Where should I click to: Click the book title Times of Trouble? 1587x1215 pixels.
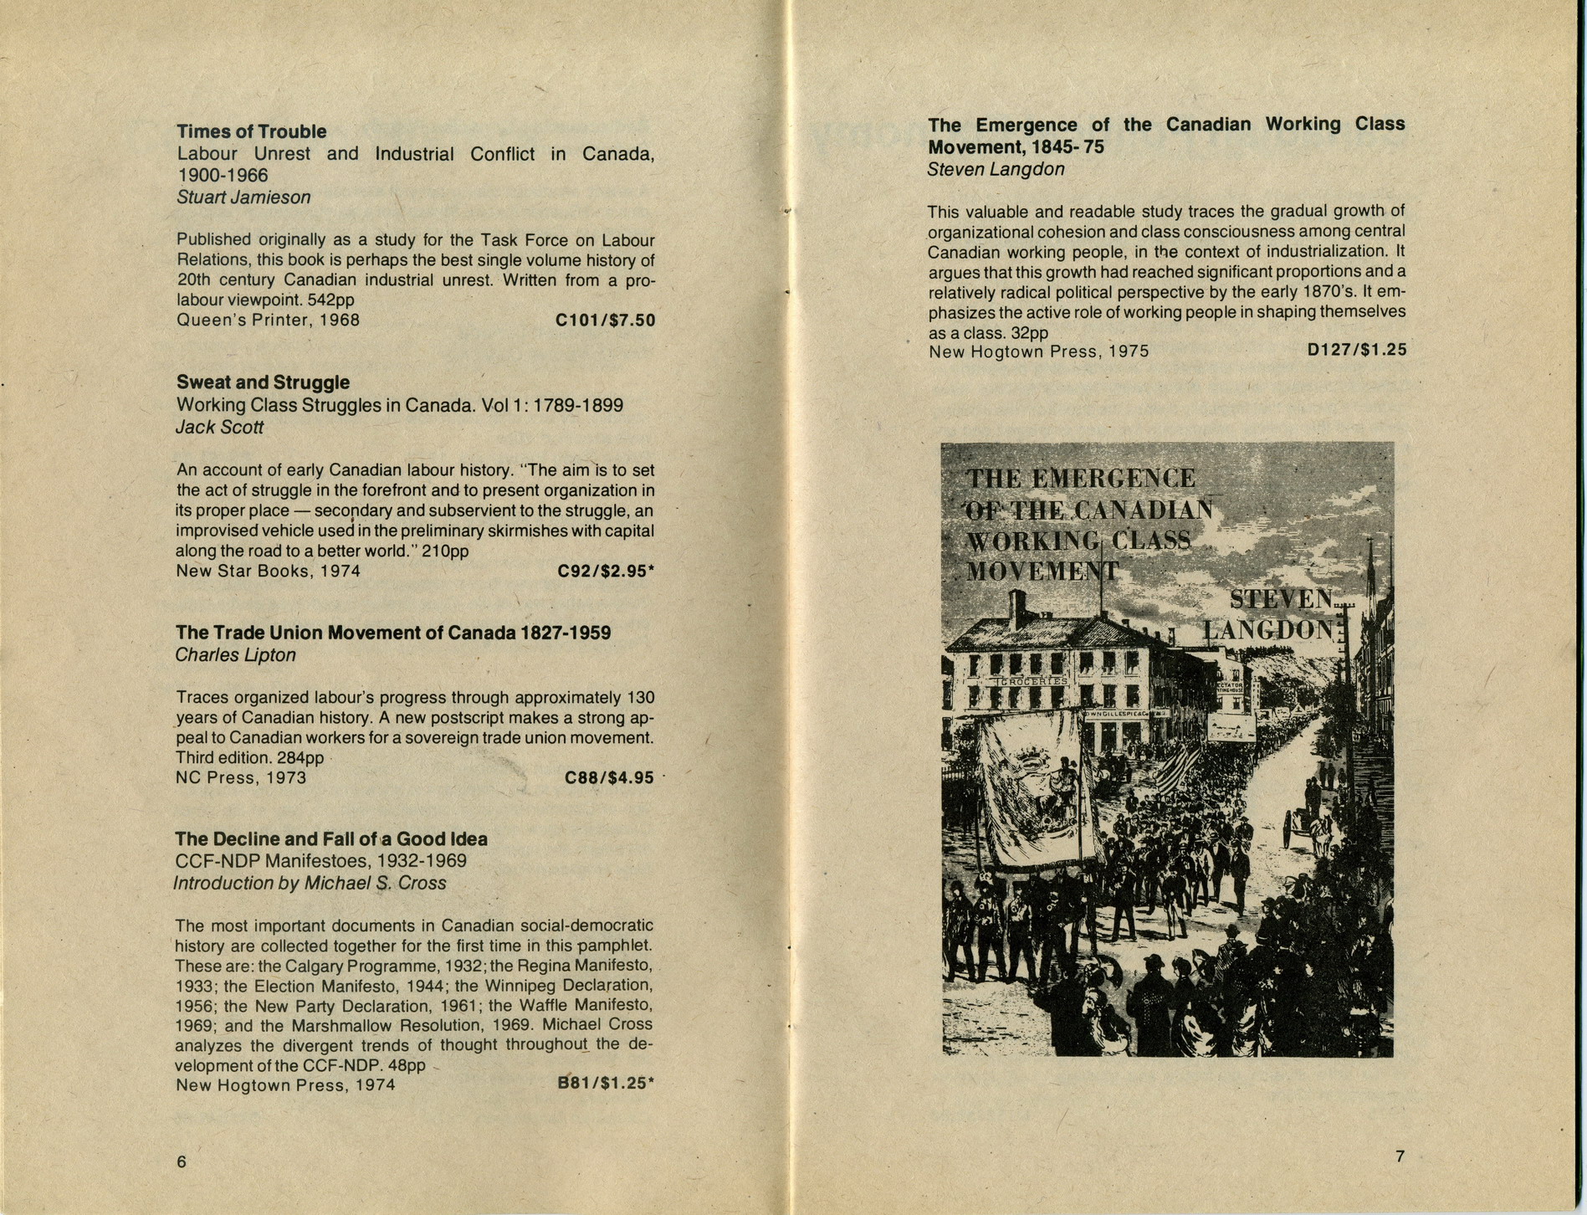(x=251, y=132)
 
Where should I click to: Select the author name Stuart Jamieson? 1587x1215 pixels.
(x=243, y=197)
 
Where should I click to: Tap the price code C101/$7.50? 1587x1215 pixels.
(x=605, y=320)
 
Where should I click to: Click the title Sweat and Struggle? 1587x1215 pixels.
(x=263, y=382)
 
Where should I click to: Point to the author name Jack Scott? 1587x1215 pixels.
(x=219, y=428)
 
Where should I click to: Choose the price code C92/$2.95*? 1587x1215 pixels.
(x=606, y=572)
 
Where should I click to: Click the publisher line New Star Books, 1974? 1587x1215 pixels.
(x=268, y=572)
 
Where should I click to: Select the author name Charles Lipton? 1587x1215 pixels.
(x=235, y=655)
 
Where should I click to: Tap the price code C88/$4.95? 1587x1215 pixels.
(x=609, y=778)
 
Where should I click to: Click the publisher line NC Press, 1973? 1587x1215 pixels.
(x=241, y=778)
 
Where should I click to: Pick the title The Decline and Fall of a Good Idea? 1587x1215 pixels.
(x=331, y=839)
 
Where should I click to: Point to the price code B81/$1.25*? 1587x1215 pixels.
(x=606, y=1084)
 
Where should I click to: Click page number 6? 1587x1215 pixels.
(x=182, y=1162)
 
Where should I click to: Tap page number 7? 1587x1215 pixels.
(x=1400, y=1157)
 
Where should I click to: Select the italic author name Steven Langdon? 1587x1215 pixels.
(x=996, y=170)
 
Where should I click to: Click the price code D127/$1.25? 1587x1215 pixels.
(x=1356, y=350)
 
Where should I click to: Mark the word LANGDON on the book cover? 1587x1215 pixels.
(x=1268, y=629)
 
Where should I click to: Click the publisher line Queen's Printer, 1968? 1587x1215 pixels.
(x=268, y=320)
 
